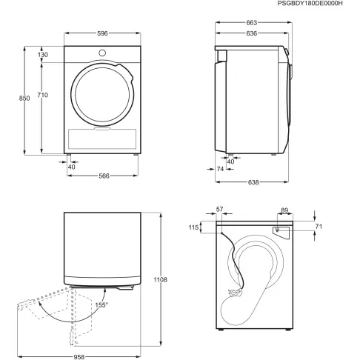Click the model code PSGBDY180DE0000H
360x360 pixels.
319,4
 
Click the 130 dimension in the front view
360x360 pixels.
43,55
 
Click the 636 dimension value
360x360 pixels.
253,33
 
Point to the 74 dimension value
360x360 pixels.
221,170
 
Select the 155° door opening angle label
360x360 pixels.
101,304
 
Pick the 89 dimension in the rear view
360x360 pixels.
285,210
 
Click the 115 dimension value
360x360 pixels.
195,227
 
